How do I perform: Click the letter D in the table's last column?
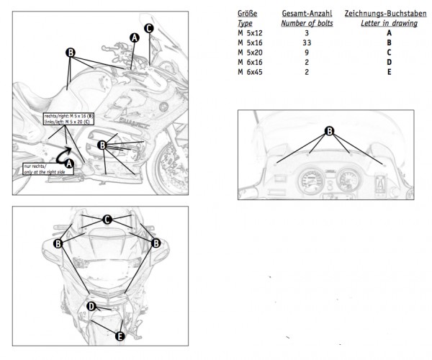[388, 63]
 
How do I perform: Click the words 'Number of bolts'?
[306, 23]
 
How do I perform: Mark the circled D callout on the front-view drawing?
[91, 307]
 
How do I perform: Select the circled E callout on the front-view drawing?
[119, 335]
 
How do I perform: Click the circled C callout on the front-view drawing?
[107, 219]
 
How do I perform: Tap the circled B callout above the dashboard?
[329, 131]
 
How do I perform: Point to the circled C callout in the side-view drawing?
[148, 28]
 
